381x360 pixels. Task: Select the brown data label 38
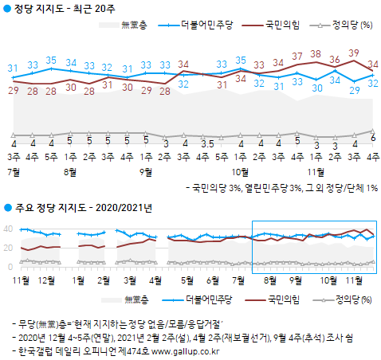click(x=316, y=54)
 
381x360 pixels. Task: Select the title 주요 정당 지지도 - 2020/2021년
click(x=83, y=208)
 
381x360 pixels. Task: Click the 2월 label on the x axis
click(x=103, y=281)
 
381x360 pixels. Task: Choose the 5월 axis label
click(x=187, y=281)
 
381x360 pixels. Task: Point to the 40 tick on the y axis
click(x=8, y=229)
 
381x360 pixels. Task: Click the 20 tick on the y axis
click(x=8, y=248)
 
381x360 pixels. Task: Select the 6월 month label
click(x=214, y=281)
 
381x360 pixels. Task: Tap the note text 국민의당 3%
click(x=219, y=189)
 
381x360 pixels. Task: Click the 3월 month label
click(x=130, y=281)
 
